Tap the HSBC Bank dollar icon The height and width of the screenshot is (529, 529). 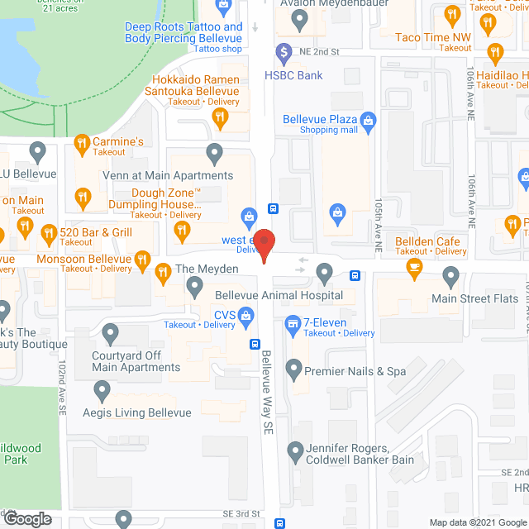284,52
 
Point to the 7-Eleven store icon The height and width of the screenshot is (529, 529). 292,322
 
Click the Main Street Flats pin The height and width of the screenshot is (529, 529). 451,275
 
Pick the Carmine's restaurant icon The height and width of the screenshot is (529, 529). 81,146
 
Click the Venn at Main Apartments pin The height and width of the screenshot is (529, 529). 215,152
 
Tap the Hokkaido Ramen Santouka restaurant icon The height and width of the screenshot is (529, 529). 220,117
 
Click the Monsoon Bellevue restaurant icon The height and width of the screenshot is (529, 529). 142,263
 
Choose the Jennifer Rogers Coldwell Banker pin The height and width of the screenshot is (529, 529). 295,452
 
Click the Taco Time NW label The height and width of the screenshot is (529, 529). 433,37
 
